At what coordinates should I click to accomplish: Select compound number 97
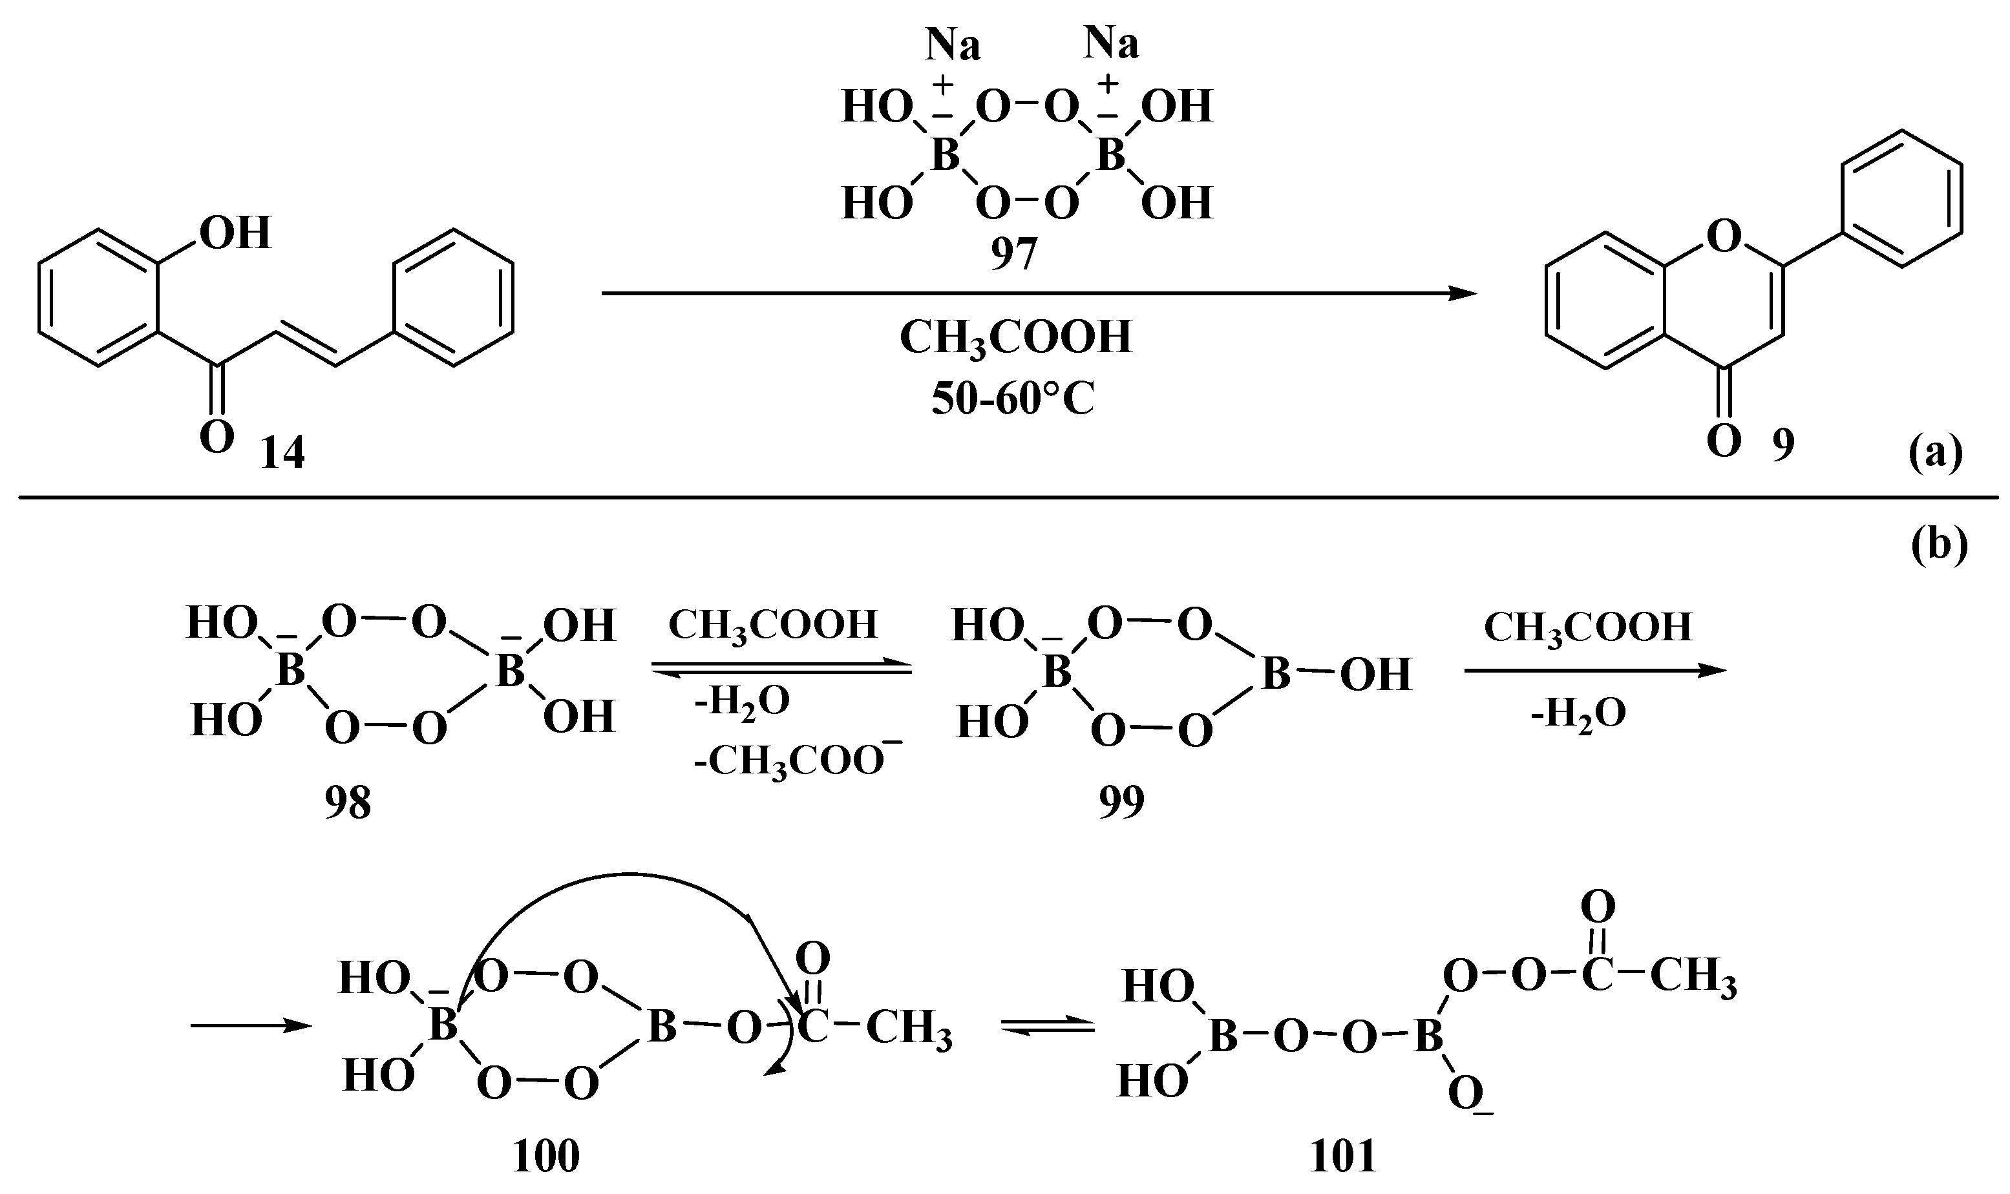1013,255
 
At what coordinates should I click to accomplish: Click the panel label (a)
1936,455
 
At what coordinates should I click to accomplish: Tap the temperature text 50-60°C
1013,398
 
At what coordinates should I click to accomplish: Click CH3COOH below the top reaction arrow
1015,338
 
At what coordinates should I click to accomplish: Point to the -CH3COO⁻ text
797,760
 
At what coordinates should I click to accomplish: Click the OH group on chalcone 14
235,233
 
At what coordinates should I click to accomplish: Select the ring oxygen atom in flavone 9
1724,236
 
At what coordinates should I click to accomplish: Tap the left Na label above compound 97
953,45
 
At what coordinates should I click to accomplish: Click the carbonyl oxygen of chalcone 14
217,439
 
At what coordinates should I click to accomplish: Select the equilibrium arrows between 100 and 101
1048,1027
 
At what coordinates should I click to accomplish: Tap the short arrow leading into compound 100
251,1026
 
